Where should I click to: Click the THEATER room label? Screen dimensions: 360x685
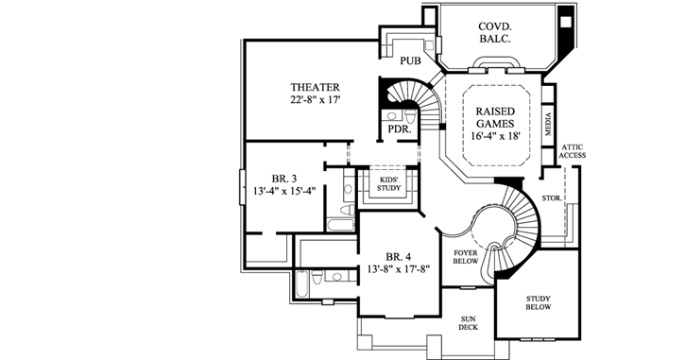pyautogui.click(x=315, y=86)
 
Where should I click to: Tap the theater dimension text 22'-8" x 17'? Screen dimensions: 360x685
pyautogui.click(x=315, y=98)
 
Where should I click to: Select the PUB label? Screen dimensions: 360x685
pyautogui.click(x=410, y=61)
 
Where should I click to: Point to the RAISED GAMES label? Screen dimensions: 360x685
pyautogui.click(x=495, y=118)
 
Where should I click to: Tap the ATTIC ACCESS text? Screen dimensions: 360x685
pyautogui.click(x=574, y=151)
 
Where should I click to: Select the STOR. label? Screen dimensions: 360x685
pyautogui.click(x=552, y=198)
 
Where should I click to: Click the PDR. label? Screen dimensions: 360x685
pyautogui.click(x=397, y=129)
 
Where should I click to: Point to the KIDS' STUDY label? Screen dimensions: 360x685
pyautogui.click(x=390, y=182)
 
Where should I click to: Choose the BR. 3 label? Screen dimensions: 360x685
pyautogui.click(x=284, y=177)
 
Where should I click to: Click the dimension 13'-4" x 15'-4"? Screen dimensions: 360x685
pyautogui.click(x=284, y=189)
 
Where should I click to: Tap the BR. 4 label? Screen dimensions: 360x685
pyautogui.click(x=398, y=256)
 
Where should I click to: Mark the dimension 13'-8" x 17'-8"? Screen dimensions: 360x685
pyautogui.click(x=398, y=268)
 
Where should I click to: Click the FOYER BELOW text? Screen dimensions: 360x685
pyautogui.click(x=466, y=258)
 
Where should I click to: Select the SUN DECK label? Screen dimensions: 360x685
pyautogui.click(x=469, y=324)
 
